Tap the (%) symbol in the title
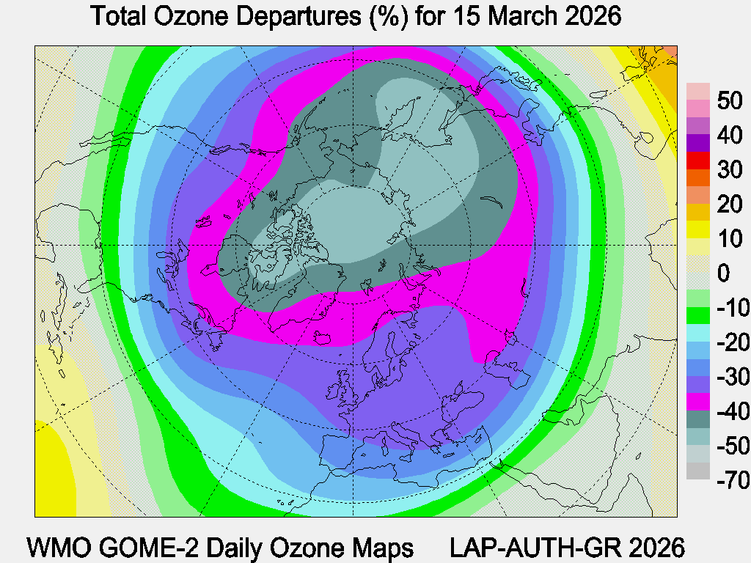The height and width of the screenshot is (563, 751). pyautogui.click(x=387, y=16)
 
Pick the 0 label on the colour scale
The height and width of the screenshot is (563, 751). pyautogui.click(x=723, y=273)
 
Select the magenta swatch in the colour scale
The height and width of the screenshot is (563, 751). pyautogui.click(x=698, y=402)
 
